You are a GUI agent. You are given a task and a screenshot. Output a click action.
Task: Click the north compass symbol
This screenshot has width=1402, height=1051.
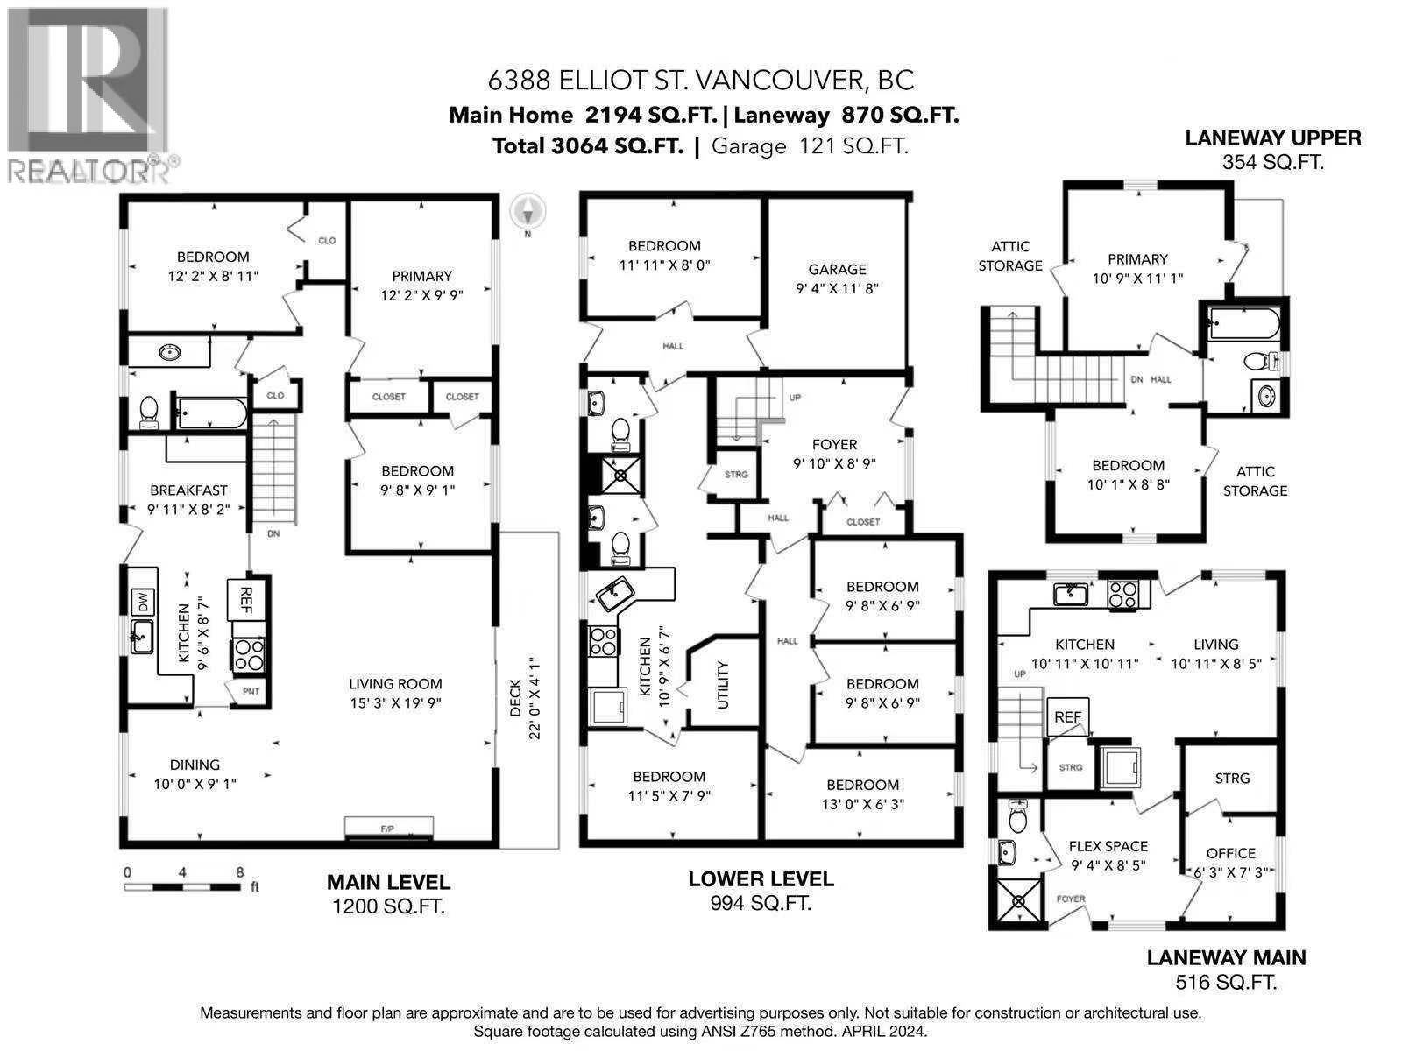(528, 211)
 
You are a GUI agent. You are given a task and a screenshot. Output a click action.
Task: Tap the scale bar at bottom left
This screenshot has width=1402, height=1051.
(182, 887)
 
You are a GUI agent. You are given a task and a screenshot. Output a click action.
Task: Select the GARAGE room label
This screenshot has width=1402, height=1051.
(837, 270)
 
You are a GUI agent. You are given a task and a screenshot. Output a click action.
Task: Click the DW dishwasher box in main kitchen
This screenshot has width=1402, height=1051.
(142, 602)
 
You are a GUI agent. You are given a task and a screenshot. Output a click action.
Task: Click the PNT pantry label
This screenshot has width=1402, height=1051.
(251, 691)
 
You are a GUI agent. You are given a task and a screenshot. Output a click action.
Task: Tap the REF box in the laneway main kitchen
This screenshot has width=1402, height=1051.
(1067, 716)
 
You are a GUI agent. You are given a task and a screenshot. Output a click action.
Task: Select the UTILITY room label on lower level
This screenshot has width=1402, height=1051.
(723, 684)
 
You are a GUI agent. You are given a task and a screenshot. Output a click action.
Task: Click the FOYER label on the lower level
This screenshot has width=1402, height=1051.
(834, 445)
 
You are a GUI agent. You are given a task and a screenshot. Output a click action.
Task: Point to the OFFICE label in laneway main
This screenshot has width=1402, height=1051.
(1230, 853)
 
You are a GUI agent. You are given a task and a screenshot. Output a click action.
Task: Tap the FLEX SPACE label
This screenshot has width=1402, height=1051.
(1108, 846)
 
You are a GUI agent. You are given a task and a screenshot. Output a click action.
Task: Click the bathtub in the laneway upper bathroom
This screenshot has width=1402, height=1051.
(1243, 324)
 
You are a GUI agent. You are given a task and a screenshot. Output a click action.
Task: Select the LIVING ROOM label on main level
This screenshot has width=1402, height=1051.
(395, 684)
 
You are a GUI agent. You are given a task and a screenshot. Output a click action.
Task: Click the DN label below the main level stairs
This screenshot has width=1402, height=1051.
(273, 533)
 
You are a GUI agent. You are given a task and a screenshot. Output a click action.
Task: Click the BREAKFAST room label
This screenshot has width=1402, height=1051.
(188, 490)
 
